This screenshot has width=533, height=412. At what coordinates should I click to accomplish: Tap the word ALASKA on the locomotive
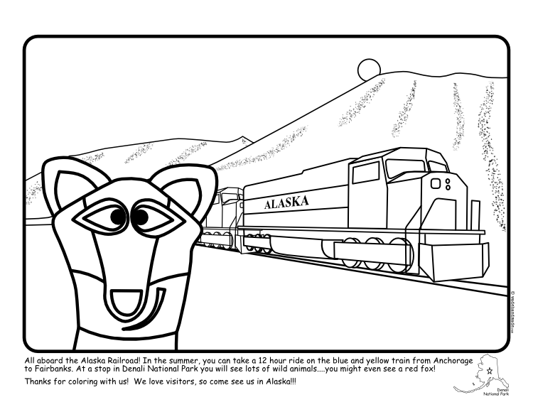[x=286, y=203]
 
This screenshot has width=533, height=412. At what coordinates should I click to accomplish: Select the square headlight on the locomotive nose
[x=436, y=184]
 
